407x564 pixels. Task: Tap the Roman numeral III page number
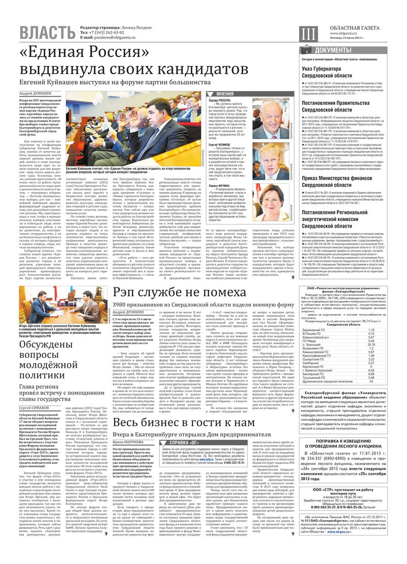pyautogui.click(x=308, y=34)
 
